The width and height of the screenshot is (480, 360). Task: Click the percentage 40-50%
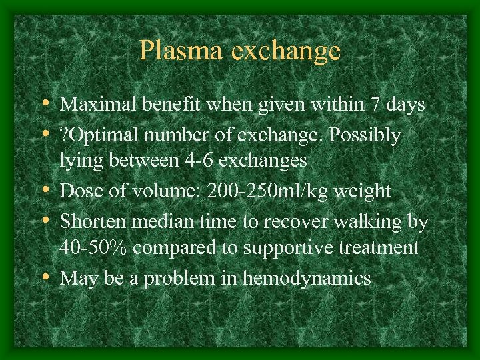click(93, 247)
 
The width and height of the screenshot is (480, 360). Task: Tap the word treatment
click(383, 247)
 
